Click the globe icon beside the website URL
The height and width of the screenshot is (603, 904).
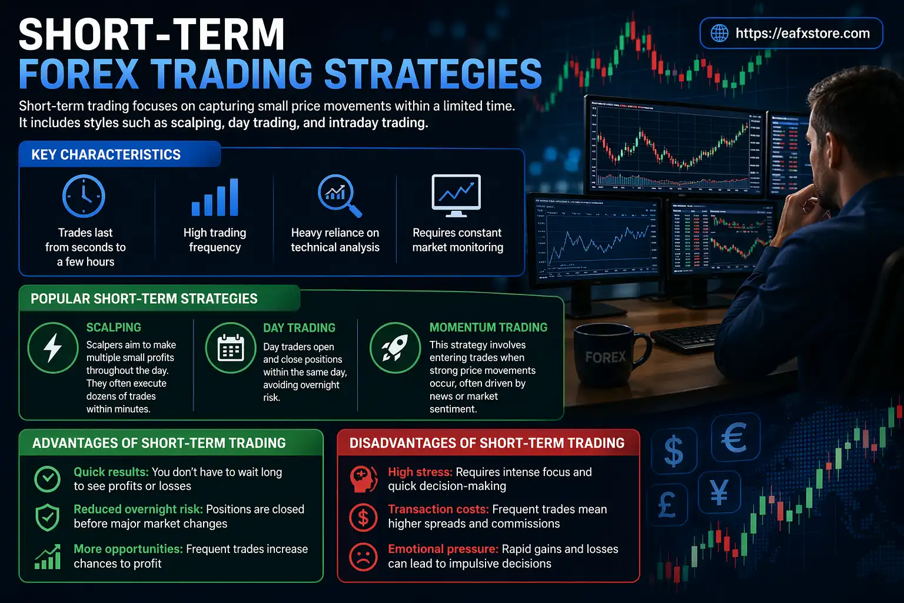click(x=719, y=33)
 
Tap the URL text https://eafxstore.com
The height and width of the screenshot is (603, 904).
click(x=802, y=33)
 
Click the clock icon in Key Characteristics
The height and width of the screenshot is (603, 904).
click(x=84, y=196)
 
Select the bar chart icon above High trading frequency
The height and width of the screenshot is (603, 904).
click(x=215, y=197)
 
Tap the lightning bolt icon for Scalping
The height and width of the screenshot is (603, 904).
click(x=53, y=347)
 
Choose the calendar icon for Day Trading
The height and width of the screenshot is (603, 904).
click(x=231, y=348)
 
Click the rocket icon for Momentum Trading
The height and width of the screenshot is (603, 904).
click(x=395, y=347)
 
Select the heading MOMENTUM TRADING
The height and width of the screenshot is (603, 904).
click(x=488, y=327)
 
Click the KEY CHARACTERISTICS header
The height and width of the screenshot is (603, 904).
click(x=106, y=154)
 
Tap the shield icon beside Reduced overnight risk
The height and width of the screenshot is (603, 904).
click(x=47, y=516)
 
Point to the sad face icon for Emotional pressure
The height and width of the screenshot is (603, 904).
click(x=363, y=556)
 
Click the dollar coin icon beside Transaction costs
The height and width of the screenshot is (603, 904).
click(x=363, y=518)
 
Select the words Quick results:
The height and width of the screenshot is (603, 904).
click(x=111, y=472)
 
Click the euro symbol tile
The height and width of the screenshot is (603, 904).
click(x=734, y=438)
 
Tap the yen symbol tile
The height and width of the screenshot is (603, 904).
click(x=719, y=492)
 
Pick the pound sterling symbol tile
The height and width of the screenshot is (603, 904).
click(x=667, y=505)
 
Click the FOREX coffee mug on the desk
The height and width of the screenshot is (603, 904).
click(x=606, y=356)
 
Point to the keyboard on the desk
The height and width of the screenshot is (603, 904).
click(x=686, y=336)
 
